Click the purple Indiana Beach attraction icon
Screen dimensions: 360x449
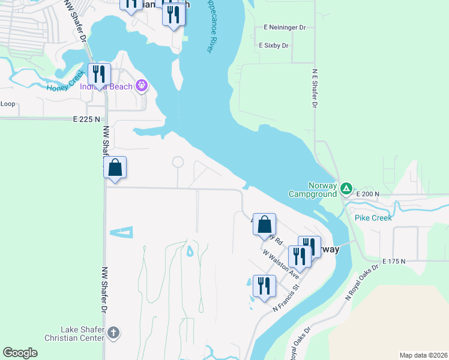click(x=141, y=86)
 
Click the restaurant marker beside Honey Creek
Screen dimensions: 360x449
click(x=100, y=74)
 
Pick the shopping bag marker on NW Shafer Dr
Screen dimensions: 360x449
click(x=115, y=168)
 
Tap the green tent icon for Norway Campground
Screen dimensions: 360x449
click(x=346, y=189)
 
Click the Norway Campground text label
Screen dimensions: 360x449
click(x=312, y=190)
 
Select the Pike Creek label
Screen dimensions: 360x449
click(x=373, y=218)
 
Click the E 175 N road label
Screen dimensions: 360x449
click(x=392, y=262)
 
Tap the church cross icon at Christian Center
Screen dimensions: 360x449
click(x=114, y=332)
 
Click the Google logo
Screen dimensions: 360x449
click(x=20, y=353)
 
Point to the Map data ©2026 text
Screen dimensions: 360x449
click(x=423, y=355)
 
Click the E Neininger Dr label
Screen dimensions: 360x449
click(x=285, y=28)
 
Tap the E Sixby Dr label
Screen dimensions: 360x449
click(x=274, y=46)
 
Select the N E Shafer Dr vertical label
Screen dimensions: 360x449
click(x=314, y=88)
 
